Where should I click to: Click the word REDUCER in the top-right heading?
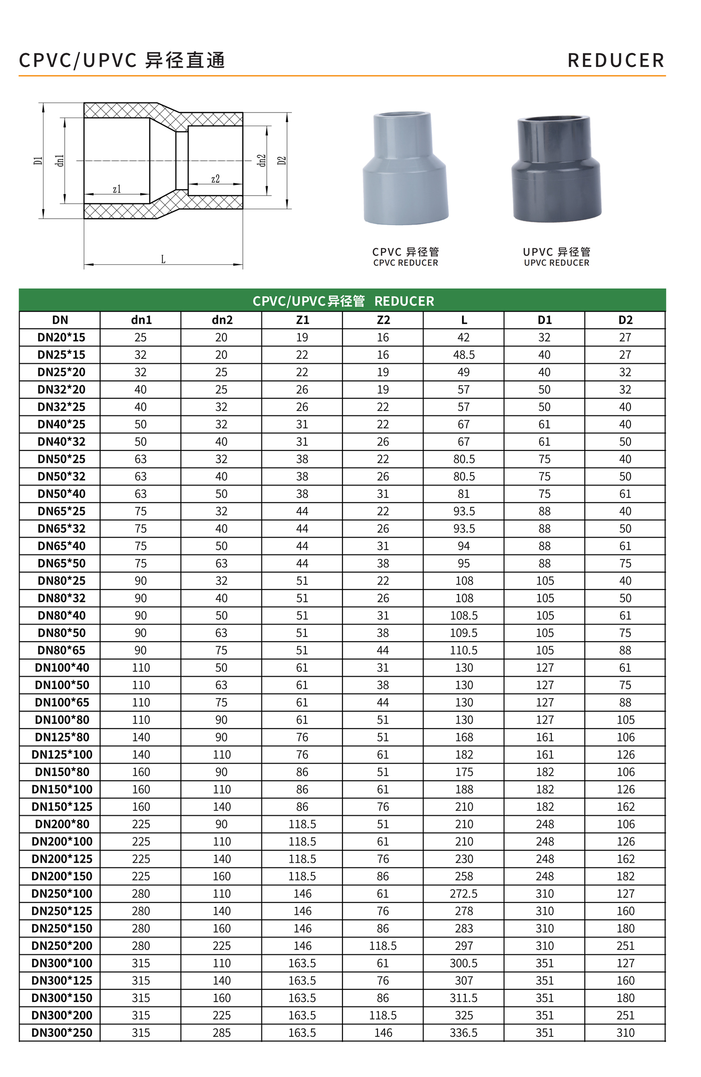(x=616, y=61)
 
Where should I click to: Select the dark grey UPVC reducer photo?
(x=556, y=169)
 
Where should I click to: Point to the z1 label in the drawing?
(x=117, y=189)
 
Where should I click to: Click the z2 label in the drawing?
(x=215, y=179)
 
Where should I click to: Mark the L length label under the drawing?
(x=163, y=259)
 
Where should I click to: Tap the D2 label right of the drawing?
(x=282, y=161)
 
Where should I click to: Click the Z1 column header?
(x=302, y=320)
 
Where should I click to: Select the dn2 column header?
(x=222, y=320)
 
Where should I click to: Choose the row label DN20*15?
(x=61, y=337)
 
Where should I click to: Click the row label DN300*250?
(x=62, y=1032)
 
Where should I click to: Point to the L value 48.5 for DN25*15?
(x=464, y=355)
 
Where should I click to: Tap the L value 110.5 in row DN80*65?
(x=464, y=650)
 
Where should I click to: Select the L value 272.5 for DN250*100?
(x=464, y=893)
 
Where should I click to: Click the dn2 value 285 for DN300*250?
(x=222, y=1032)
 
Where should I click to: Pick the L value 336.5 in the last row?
(x=464, y=1032)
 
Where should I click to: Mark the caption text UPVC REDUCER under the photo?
(x=556, y=263)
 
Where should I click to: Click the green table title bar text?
(x=343, y=301)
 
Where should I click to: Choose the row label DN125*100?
(x=62, y=754)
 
